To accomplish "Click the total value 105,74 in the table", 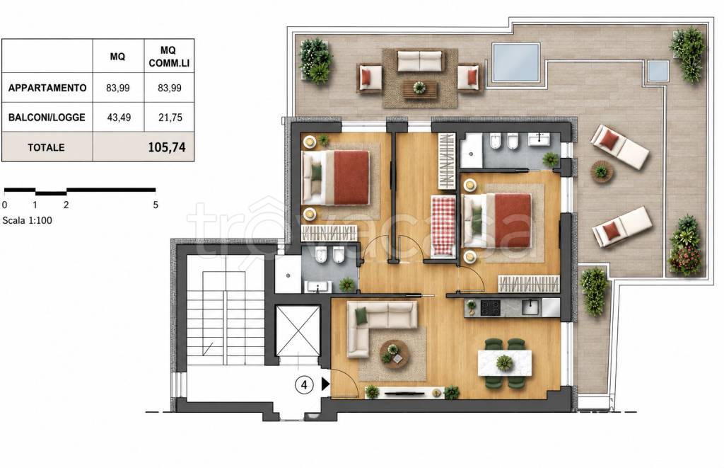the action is point(167,147).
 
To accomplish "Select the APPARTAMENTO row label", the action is point(47,88).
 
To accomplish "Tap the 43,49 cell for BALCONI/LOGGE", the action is point(119,118).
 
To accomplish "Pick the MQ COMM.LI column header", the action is point(169,57).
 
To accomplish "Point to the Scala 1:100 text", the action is point(28,221).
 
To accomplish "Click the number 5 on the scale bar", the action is point(156,205).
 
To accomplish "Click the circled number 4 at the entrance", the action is point(304,384).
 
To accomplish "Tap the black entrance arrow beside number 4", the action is point(325,384).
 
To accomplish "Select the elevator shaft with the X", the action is point(298,331).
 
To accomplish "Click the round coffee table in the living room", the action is point(394,354).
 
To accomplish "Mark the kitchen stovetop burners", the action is point(491,307).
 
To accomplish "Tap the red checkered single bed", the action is point(443,225).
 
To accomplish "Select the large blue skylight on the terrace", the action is point(515,62).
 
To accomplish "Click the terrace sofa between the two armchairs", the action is point(420,61).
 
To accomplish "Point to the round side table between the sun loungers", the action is point(602,172).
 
